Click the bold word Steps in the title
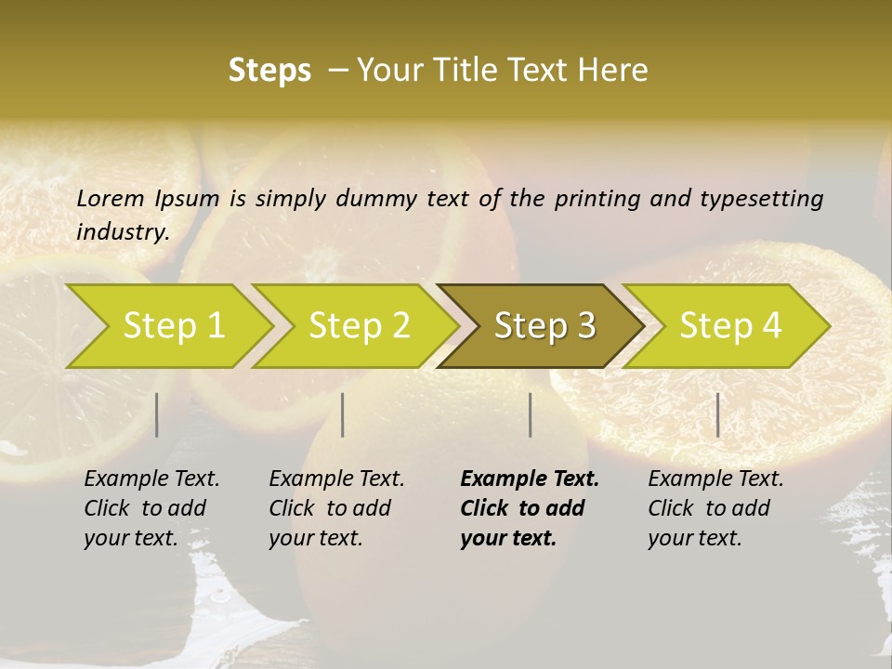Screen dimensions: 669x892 [269, 71]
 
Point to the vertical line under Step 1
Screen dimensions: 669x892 [157, 414]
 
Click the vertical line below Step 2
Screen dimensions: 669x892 [343, 414]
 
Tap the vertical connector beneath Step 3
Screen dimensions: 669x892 [531, 414]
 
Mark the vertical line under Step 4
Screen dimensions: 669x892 [718, 414]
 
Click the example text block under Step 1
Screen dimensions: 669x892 [151, 508]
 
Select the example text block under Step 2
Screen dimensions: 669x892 [336, 508]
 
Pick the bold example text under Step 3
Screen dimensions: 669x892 [530, 508]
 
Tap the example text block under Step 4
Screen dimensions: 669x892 [715, 508]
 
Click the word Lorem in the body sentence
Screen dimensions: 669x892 [111, 199]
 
